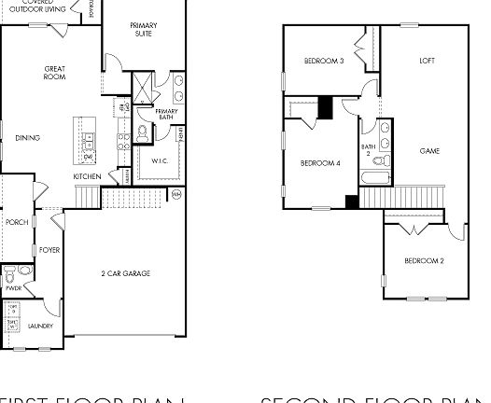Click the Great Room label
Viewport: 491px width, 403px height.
(x=54, y=73)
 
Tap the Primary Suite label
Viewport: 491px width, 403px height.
(x=143, y=30)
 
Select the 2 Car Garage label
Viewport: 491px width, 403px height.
(x=126, y=273)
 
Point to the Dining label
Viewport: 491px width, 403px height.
(x=28, y=138)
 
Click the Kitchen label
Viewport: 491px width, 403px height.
(x=87, y=176)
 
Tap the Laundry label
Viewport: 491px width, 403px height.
(x=40, y=326)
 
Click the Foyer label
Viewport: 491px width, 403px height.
(x=49, y=250)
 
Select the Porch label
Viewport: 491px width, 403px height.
(x=17, y=222)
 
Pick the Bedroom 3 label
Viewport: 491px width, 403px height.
(x=324, y=62)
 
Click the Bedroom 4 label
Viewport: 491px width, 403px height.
(x=319, y=164)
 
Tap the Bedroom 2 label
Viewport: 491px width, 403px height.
(x=424, y=260)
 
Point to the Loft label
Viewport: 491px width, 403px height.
(x=428, y=62)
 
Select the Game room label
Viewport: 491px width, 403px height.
(x=429, y=151)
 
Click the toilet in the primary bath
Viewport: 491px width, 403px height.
(x=142, y=133)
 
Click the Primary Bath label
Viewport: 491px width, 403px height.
(x=167, y=114)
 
